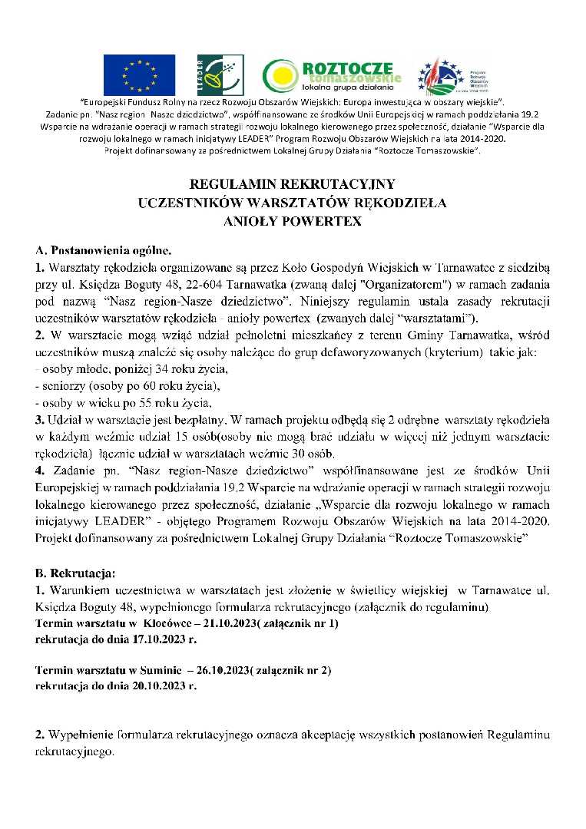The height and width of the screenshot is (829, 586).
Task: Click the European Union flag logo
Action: pos(138,74)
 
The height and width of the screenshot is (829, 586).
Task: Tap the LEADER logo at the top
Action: pos(210,75)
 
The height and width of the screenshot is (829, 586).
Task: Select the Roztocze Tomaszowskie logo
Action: pos(332,75)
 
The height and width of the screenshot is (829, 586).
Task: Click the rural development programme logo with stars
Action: pos(452,75)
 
